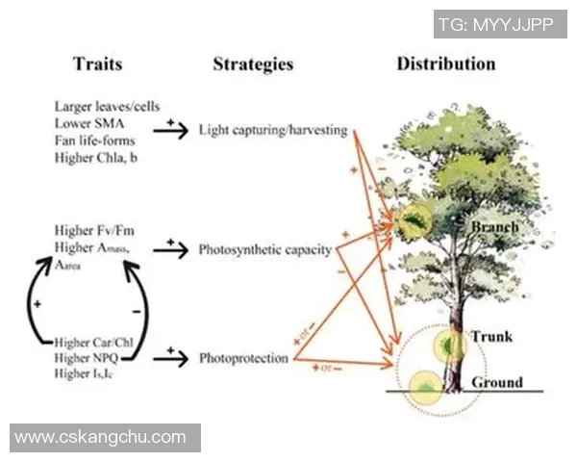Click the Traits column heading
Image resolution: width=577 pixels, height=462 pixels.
click(97, 65)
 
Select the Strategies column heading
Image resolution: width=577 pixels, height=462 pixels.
click(253, 65)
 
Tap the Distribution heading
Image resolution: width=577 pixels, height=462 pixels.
click(446, 64)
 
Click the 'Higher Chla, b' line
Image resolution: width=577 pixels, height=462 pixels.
click(96, 156)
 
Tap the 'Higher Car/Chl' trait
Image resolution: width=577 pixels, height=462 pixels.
click(94, 342)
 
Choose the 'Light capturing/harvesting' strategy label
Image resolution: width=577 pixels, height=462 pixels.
click(273, 130)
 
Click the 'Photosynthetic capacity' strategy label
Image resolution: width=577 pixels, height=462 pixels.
click(265, 249)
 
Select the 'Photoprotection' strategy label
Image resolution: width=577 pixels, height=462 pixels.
click(243, 359)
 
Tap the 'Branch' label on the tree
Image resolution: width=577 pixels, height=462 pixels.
click(495, 227)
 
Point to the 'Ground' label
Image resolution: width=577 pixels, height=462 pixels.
click(497, 382)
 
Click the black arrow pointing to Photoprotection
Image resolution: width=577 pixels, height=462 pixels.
click(170, 359)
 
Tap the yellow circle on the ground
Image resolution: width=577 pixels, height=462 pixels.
click(424, 387)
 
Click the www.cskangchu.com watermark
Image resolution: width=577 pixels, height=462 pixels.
click(101, 437)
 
